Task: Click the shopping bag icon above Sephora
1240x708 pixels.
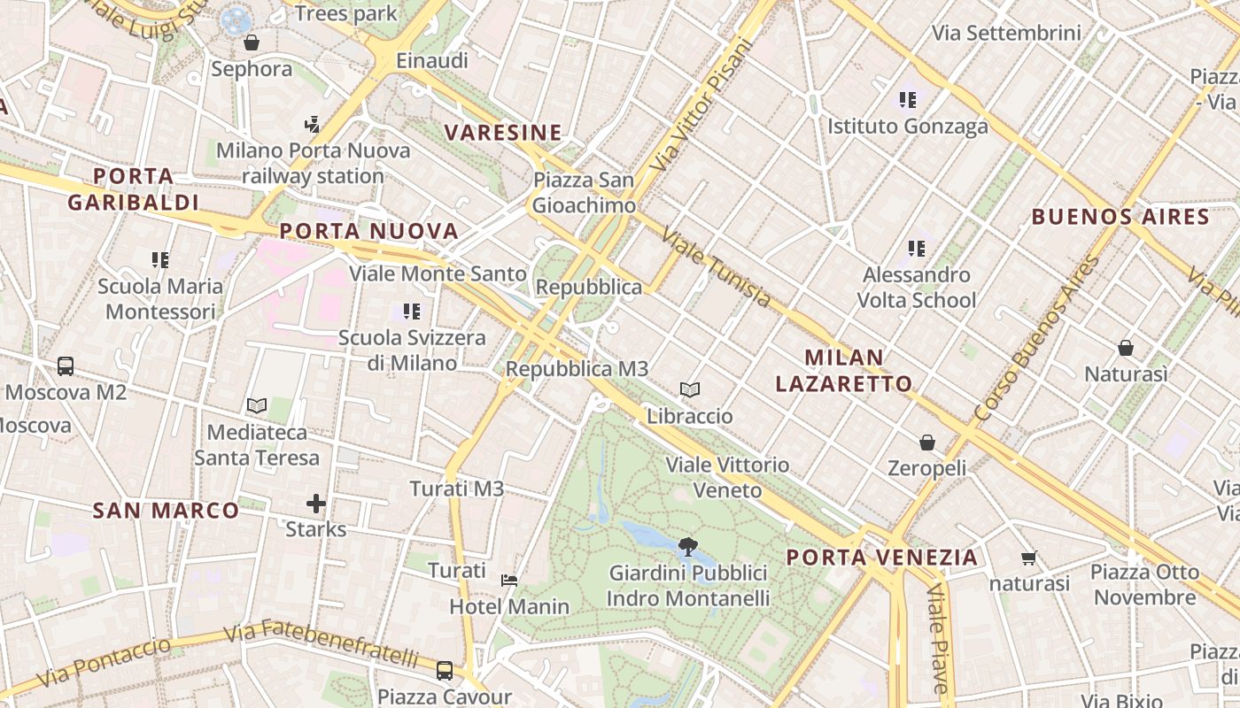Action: [252, 42]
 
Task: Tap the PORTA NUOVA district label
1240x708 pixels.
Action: [369, 232]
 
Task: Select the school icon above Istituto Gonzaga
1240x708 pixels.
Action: [907, 100]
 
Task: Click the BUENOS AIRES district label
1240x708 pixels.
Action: [1120, 217]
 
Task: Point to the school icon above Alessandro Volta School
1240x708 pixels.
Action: [916, 249]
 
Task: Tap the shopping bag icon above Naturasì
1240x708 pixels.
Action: [1125, 348]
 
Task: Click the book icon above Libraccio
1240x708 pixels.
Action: [690, 389]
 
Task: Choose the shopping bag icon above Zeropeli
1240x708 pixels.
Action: [926, 442]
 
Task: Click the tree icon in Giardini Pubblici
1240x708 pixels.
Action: [686, 547]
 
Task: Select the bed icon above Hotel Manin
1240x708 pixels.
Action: [509, 581]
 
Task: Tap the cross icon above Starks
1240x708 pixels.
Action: [316, 504]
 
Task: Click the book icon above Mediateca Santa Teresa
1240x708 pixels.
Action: [257, 405]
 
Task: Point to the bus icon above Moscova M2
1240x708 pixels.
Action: [66, 366]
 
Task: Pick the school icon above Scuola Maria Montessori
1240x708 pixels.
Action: [160, 260]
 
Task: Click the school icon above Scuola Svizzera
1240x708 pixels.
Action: [412, 312]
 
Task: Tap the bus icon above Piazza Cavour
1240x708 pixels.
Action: [445, 670]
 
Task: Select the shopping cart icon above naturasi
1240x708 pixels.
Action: [1029, 558]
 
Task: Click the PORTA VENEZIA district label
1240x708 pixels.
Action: [882, 558]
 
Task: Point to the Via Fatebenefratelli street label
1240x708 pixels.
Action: [321, 644]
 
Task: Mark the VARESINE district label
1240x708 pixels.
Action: [503, 133]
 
